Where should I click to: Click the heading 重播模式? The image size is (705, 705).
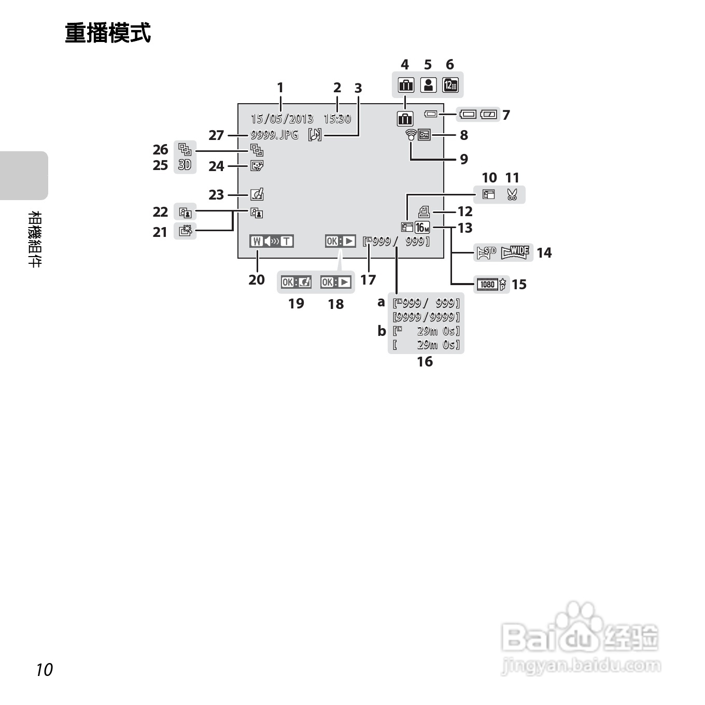coord(108,33)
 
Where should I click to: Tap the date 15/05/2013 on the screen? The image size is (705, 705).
coord(282,119)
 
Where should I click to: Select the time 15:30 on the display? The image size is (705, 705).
coord(337,119)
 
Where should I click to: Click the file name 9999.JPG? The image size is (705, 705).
coord(274,135)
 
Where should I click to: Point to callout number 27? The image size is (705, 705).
coord(216,135)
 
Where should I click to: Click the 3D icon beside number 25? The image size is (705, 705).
coord(185,165)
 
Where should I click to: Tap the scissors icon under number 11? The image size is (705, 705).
coord(512,195)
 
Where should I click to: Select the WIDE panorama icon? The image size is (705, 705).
coord(515,252)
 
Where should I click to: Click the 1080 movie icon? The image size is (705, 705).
coord(487,284)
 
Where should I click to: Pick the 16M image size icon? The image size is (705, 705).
coord(422,227)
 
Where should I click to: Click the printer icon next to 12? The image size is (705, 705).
coord(424,212)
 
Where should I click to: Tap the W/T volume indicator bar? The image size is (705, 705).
coord(271,241)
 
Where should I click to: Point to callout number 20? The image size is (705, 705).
coord(257,279)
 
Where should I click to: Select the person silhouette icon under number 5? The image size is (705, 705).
coord(428,85)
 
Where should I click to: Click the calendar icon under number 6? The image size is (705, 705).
coord(450,85)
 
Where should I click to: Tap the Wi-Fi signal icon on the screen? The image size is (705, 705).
coord(411,135)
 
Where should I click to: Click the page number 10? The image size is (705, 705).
coord(45,669)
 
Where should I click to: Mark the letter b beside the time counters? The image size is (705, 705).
coord(382,330)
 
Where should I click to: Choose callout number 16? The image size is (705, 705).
coord(425,361)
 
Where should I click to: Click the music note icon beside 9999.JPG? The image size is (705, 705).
coord(315,135)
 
